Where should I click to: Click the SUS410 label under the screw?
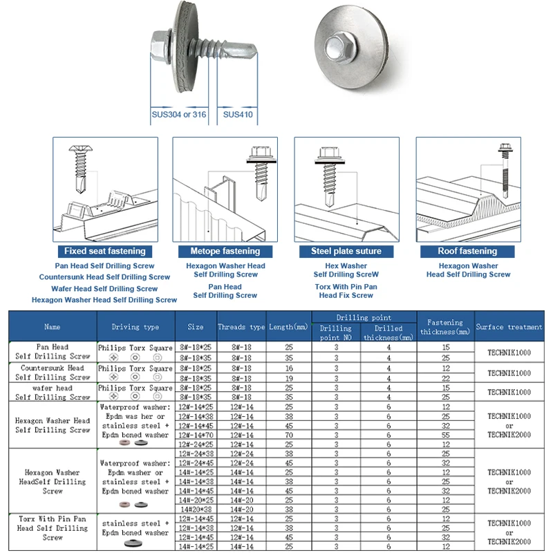tap(238, 115)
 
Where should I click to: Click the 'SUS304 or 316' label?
tap(179, 115)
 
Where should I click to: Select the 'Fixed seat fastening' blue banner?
tap(105, 251)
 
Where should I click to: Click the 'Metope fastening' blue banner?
tap(225, 251)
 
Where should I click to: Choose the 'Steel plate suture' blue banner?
tap(346, 251)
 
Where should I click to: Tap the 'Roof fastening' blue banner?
tap(468, 251)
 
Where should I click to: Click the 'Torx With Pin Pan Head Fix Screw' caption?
tap(346, 290)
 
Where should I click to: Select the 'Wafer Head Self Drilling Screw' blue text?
tap(104, 288)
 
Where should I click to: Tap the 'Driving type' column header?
tap(135, 326)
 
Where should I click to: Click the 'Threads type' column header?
tap(241, 326)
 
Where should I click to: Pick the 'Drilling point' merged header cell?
tap(364, 317)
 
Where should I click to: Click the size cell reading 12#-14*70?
tap(196, 435)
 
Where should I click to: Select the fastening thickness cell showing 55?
tap(446, 435)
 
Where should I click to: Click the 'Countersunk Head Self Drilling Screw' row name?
tap(53, 373)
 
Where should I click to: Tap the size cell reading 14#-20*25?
tap(196, 499)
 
